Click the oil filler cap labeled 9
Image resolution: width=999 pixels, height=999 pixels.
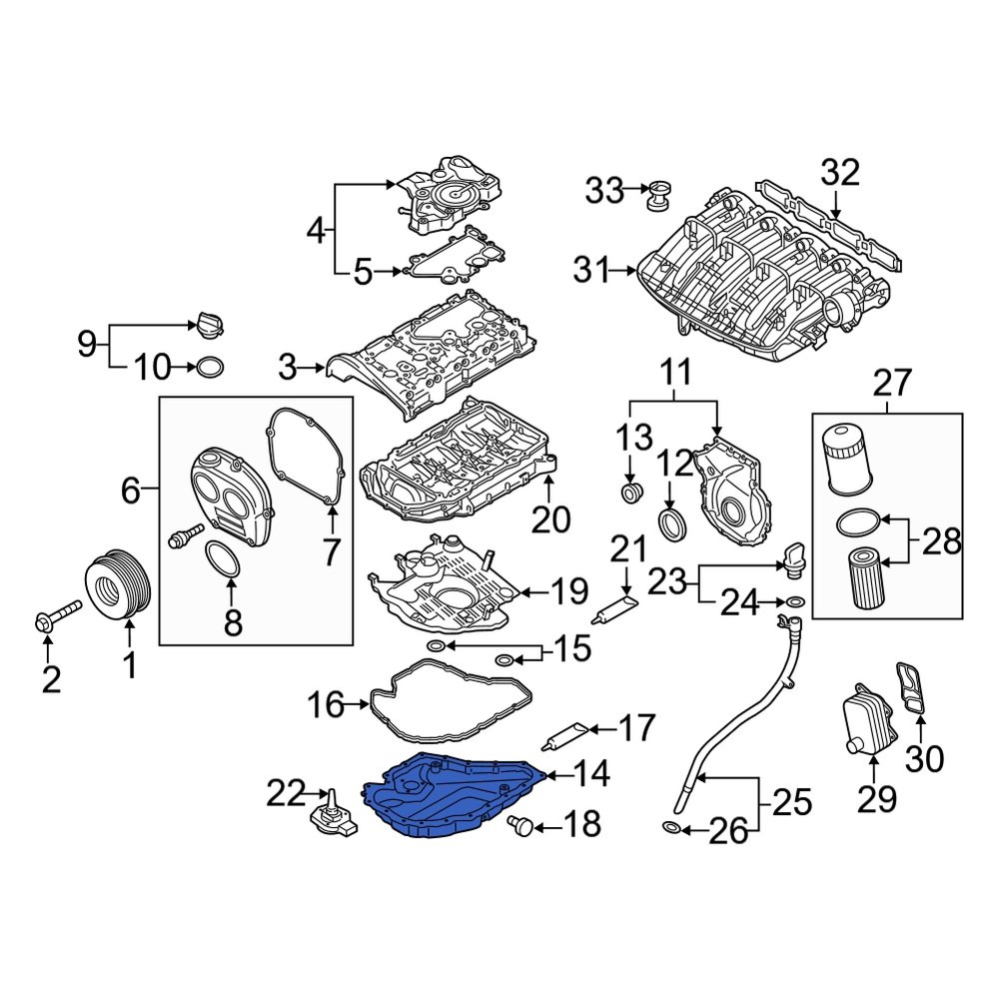pos(211,326)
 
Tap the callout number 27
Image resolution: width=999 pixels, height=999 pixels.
pos(892,383)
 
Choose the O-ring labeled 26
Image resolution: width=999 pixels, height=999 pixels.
pos(674,827)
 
